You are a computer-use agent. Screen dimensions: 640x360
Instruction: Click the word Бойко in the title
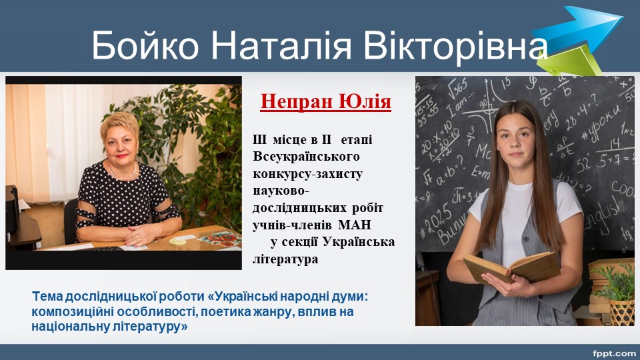pyautogui.click(x=145, y=45)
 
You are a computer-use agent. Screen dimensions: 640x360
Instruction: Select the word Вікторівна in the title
pyautogui.click(x=455, y=45)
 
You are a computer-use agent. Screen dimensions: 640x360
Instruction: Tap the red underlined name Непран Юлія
pyautogui.click(x=326, y=101)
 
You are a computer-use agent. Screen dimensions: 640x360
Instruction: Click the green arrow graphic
pyautogui.click(x=571, y=61)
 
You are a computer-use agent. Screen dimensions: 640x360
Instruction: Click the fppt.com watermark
pyautogui.click(x=614, y=353)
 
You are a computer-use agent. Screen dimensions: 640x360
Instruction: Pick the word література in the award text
pyautogui.click(x=285, y=259)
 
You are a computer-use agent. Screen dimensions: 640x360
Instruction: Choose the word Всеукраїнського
pyautogui.click(x=306, y=157)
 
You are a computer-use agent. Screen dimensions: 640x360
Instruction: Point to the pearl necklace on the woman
pyautogui.click(x=124, y=173)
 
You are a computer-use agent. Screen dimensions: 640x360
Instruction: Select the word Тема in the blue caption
pyautogui.click(x=47, y=296)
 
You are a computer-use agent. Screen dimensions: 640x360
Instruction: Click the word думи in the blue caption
pyautogui.click(x=350, y=297)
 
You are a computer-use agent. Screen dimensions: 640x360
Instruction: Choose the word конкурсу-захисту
pyautogui.click(x=308, y=174)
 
